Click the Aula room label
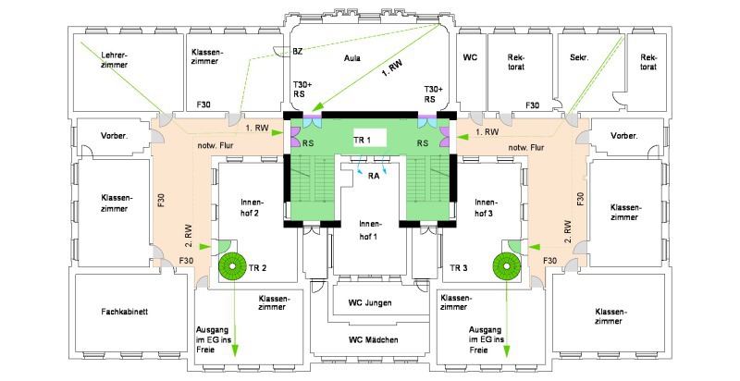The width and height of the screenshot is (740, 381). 352,58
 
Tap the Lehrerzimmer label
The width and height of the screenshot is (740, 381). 114,60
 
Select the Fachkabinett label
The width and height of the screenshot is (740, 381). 124,312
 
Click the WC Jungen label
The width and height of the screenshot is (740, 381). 370,302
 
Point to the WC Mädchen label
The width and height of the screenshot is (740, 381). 374,339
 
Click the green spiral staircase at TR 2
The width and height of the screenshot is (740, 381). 232,266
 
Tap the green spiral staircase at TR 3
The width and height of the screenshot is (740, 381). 506,266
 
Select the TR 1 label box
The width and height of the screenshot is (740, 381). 370,137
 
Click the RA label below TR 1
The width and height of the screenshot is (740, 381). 374,177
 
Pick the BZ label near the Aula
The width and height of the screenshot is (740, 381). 297,52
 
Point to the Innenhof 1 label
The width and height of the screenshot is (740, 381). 370,229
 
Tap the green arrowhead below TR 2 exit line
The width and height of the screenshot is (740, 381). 235,351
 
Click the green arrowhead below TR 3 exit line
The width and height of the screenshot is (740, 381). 507,351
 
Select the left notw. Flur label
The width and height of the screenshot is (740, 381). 216,145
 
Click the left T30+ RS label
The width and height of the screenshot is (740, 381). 302,89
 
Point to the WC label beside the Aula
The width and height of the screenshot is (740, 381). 470,57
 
